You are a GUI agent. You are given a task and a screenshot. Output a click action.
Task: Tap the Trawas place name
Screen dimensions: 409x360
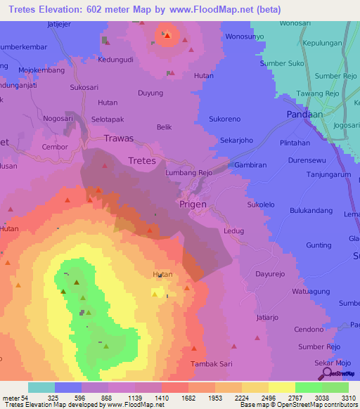click(118, 138)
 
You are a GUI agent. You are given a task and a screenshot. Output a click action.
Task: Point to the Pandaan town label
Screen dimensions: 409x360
click(304, 114)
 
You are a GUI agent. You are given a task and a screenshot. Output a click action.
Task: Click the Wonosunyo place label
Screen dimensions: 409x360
click(244, 36)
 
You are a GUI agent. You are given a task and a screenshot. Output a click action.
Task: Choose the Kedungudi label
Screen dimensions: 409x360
click(116, 60)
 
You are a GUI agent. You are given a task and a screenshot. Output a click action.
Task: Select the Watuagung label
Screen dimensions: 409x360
click(314, 290)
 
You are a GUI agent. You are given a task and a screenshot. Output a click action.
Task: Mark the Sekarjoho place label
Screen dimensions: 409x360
click(236, 140)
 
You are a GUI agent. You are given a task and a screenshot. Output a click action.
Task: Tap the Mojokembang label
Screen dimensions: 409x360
click(41, 70)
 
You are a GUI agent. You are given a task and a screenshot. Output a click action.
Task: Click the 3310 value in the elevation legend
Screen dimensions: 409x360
click(349, 398)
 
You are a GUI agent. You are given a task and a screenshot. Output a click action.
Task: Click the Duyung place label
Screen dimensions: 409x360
click(150, 93)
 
